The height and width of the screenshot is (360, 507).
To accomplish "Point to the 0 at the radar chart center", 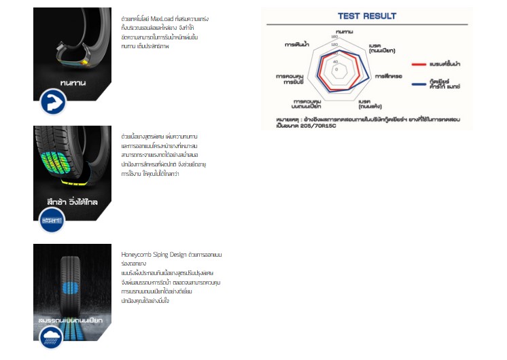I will pyautogui.click(x=335, y=68).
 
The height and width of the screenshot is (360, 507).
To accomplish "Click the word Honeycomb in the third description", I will pyautogui.click(x=137, y=254).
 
